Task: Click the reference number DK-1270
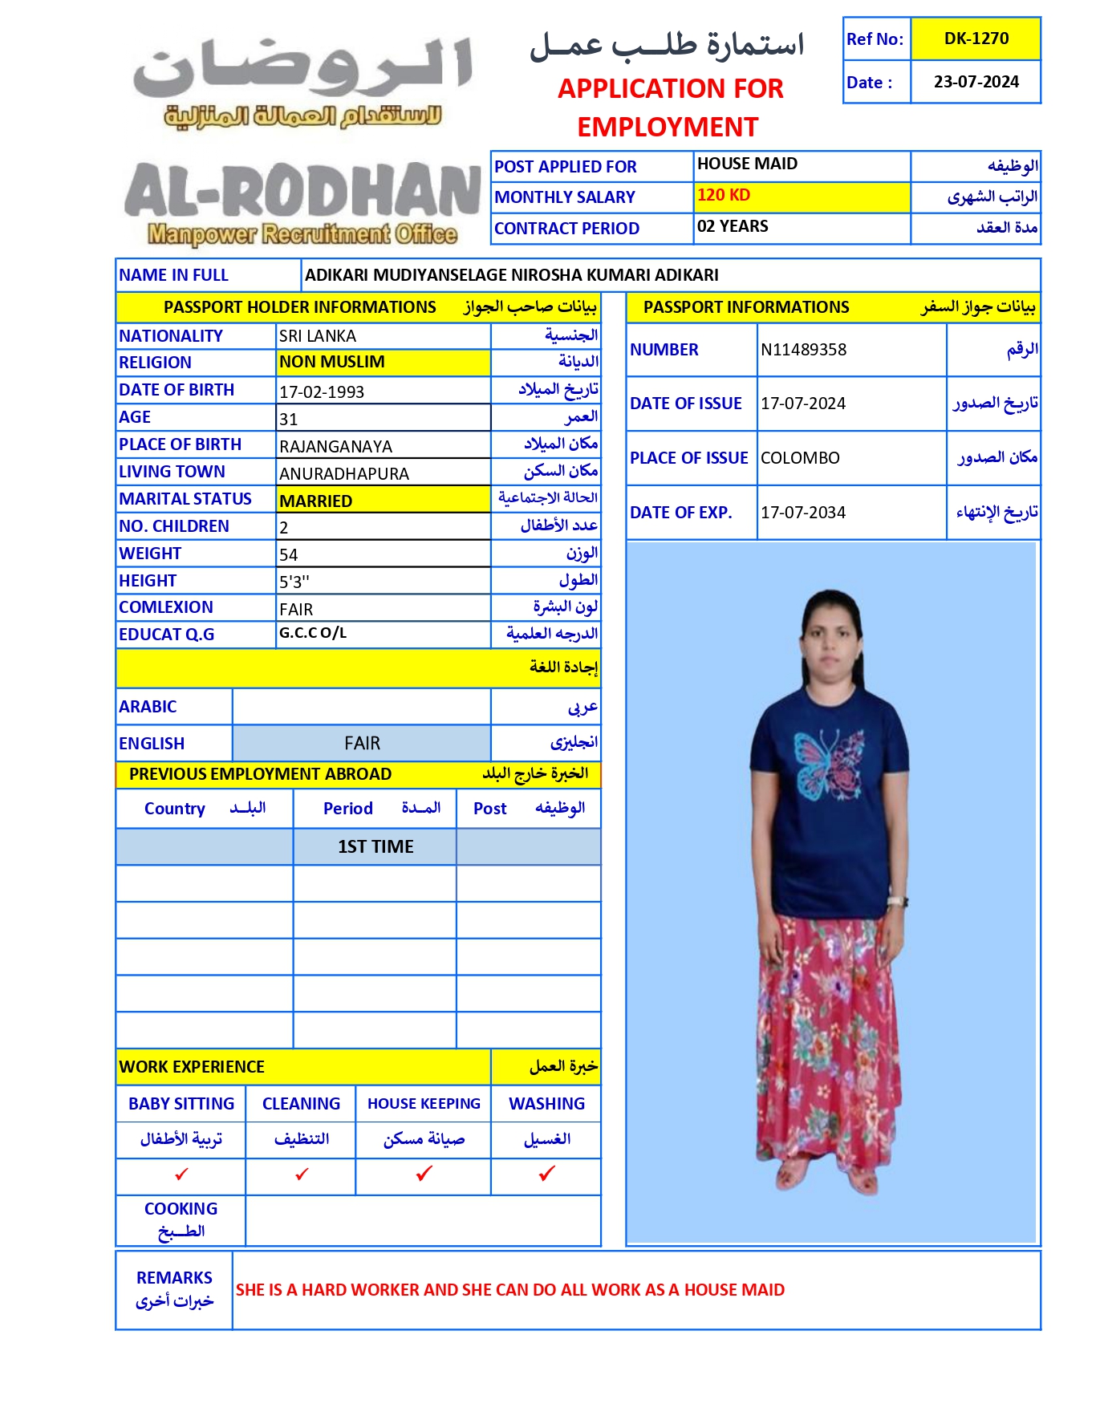(x=976, y=39)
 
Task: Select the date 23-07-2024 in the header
(x=976, y=82)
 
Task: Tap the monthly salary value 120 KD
(x=724, y=195)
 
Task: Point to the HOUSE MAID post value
(x=747, y=164)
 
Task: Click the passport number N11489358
(x=803, y=350)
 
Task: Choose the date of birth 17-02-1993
(x=322, y=392)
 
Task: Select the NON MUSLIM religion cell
(x=332, y=362)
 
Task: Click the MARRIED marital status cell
(x=316, y=501)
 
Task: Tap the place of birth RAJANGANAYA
(x=335, y=447)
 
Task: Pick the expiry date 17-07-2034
(x=803, y=513)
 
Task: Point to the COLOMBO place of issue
(x=800, y=458)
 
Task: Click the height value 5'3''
(x=294, y=582)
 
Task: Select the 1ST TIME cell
(x=375, y=846)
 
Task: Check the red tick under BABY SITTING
(x=181, y=1174)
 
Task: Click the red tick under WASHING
(x=547, y=1174)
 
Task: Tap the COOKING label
(x=181, y=1209)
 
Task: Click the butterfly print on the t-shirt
(x=827, y=762)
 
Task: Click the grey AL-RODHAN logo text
(x=302, y=193)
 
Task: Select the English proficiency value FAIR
(x=362, y=744)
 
